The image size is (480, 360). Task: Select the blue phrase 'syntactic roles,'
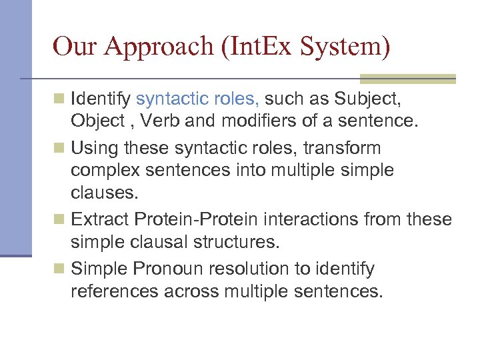[198, 100]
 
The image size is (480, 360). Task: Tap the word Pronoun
[166, 269]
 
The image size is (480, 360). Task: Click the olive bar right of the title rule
[407, 79]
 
